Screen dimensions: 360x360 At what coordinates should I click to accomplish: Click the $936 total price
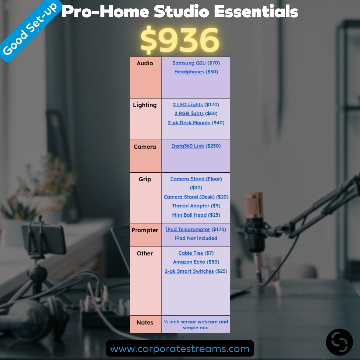point(180,41)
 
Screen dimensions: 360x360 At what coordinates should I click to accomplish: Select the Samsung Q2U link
point(189,63)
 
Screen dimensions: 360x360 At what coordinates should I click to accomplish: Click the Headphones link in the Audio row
point(189,72)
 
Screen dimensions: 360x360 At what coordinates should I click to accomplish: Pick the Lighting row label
point(145,105)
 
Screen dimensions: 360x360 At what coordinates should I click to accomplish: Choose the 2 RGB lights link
point(189,114)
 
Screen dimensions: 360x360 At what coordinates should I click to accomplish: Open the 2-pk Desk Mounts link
point(189,123)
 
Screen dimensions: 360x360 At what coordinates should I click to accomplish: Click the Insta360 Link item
point(188,146)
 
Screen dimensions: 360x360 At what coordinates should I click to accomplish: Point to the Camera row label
point(145,147)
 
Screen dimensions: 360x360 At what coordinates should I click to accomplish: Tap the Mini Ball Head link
point(189,215)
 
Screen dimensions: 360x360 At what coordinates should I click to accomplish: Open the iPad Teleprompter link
point(188,229)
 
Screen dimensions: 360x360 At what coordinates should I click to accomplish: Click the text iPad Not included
point(196,238)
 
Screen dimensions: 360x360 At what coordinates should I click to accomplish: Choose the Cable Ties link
point(191,253)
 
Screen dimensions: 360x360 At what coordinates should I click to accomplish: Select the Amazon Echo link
point(189,262)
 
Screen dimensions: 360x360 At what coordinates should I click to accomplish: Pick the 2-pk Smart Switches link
point(189,271)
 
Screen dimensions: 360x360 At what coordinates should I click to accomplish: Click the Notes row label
point(145,322)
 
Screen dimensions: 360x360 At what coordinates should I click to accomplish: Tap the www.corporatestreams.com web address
point(180,349)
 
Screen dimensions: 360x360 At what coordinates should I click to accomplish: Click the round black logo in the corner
point(339,342)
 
